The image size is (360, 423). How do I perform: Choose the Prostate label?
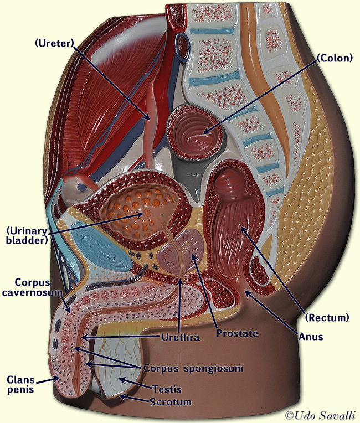point(238,333)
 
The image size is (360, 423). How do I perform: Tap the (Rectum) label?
point(327,317)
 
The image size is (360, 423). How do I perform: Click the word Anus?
point(311,336)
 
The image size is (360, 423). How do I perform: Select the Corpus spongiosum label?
point(193,368)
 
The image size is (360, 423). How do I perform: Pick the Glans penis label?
point(21,385)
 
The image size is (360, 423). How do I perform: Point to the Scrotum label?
point(171,402)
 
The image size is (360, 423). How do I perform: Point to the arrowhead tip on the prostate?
point(192,255)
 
